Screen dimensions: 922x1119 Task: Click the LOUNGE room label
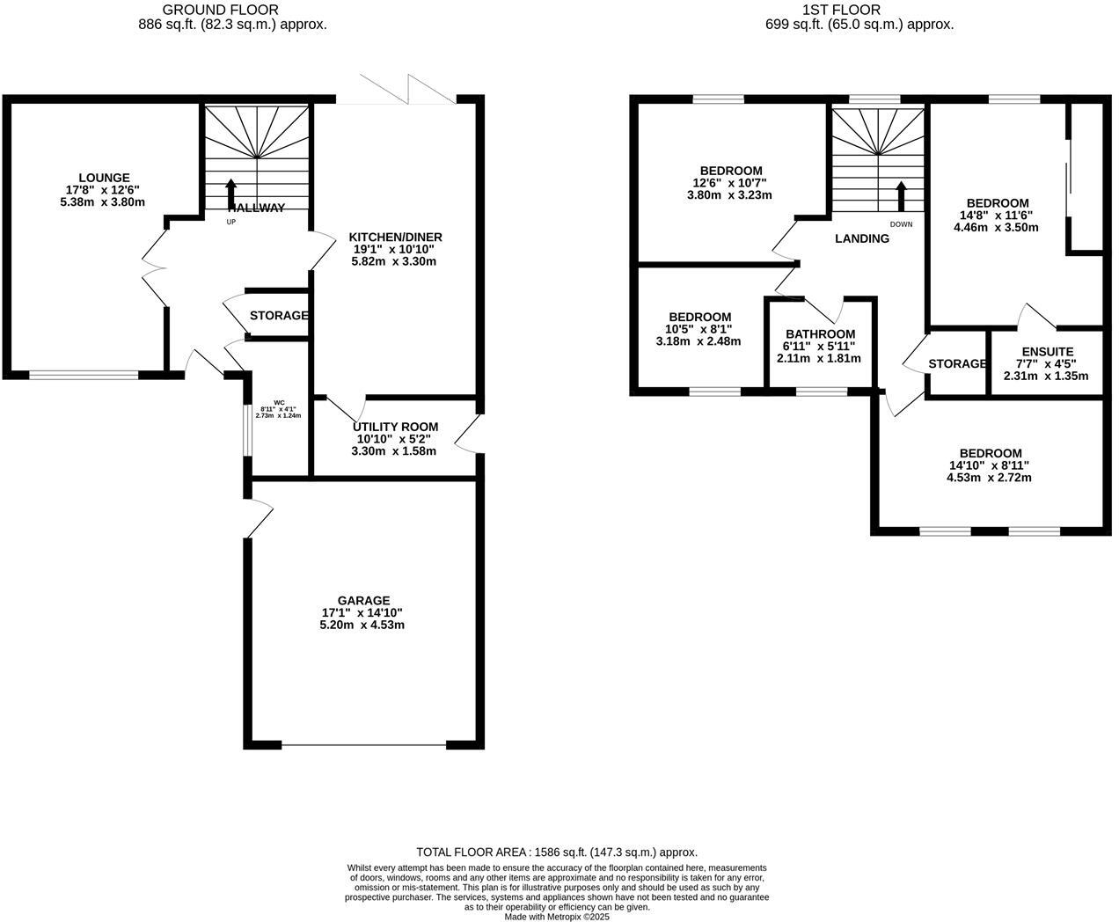coord(103,178)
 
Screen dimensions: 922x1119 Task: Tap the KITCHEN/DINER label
coord(395,238)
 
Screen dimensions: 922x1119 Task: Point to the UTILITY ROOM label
coord(395,427)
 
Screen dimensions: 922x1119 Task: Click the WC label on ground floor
coord(279,402)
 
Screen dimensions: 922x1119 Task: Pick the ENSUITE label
coord(1046,352)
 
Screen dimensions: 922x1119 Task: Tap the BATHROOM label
coord(819,334)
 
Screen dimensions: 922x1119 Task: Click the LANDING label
coord(861,238)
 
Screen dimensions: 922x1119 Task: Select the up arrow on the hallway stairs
coord(231,193)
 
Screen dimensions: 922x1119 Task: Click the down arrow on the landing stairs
coord(901,196)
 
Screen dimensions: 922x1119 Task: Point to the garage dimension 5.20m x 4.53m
coord(362,626)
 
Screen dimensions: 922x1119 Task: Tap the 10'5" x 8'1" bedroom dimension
coord(699,329)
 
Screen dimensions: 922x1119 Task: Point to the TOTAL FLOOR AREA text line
coord(556,852)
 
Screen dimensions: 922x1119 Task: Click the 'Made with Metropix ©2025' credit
coord(556,916)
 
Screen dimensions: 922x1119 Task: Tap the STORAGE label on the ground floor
coord(279,316)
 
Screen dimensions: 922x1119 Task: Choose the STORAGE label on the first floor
coord(957,364)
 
